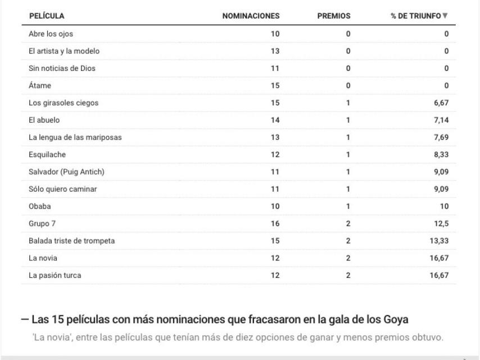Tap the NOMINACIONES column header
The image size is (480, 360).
pyautogui.click(x=251, y=16)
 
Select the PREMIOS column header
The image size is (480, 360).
pyautogui.click(x=334, y=16)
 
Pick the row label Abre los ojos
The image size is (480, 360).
pyautogui.click(x=51, y=34)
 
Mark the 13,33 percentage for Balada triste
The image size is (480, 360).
pyautogui.click(x=438, y=241)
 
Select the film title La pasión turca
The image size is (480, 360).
pyautogui.click(x=55, y=275)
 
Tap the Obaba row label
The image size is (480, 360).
pyautogui.click(x=39, y=206)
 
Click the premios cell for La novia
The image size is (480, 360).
pyautogui.click(x=348, y=258)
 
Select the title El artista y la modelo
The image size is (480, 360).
pyautogui.click(x=60, y=51)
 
